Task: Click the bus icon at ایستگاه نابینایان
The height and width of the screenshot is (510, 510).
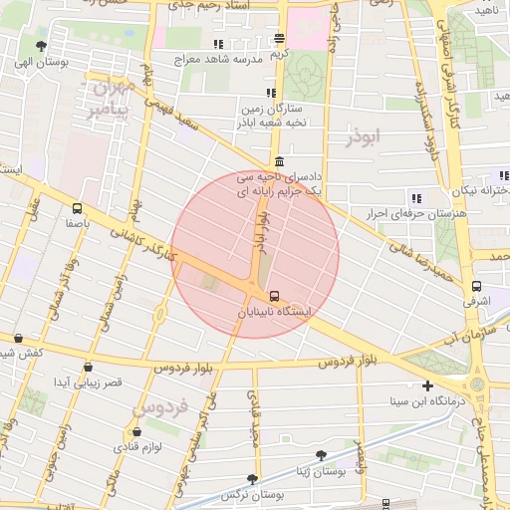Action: [274, 296]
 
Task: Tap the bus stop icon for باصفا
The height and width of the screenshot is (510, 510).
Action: [78, 209]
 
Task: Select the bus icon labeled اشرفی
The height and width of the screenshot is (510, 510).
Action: [476, 287]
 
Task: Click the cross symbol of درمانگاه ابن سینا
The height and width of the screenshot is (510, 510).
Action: [427, 385]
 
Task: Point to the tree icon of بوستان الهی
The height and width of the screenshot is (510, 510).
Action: [41, 46]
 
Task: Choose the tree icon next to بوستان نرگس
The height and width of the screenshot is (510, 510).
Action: [252, 479]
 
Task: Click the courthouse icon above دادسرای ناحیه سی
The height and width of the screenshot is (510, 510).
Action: [278, 162]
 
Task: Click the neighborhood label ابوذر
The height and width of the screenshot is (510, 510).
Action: [364, 137]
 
